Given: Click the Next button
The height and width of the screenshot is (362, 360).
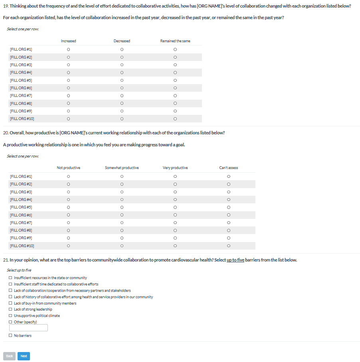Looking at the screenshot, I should [x=24, y=356].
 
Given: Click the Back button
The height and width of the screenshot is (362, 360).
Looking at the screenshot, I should [x=9, y=356].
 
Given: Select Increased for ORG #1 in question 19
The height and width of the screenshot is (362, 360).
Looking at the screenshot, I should [x=69, y=49].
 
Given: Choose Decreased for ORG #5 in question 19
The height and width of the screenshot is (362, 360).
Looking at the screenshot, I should [x=122, y=80].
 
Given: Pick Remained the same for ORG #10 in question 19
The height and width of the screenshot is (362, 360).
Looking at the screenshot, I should [x=175, y=119].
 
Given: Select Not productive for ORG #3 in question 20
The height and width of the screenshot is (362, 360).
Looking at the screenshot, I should [x=69, y=192].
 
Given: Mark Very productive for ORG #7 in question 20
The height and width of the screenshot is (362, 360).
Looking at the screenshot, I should [x=175, y=222].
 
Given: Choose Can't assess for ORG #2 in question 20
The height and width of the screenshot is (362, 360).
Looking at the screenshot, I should [x=228, y=184].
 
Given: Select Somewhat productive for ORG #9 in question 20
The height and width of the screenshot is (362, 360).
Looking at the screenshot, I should [x=122, y=238].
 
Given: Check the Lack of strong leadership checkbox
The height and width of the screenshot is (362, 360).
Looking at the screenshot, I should [x=10, y=309].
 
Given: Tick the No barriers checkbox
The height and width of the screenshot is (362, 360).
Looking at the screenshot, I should [x=10, y=336].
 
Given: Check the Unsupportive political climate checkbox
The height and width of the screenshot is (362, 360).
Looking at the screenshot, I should [x=10, y=316].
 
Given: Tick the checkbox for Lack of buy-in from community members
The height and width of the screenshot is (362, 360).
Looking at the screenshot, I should [x=10, y=303].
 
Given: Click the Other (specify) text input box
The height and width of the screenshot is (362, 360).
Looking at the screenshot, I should [x=28, y=328].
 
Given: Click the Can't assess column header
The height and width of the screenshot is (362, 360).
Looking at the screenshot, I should [x=228, y=168].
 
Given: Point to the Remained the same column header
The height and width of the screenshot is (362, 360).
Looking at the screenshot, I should [x=175, y=41].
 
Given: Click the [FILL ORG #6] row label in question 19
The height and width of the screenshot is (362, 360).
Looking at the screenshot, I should [x=21, y=88].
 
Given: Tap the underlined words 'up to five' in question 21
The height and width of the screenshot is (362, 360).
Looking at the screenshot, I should [x=235, y=260].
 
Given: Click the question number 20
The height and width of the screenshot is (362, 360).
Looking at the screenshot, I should [x=6, y=133].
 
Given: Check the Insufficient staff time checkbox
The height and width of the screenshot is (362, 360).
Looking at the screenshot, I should [x=10, y=284].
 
